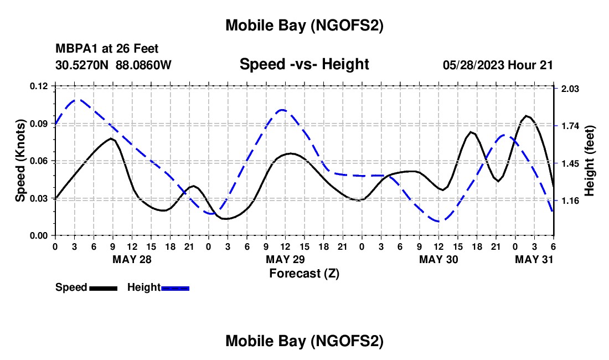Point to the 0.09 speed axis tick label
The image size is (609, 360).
(x=39, y=124)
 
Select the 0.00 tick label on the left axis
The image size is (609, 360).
(x=39, y=236)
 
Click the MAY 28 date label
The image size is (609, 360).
(x=132, y=260)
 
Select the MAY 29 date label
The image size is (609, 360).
(x=285, y=260)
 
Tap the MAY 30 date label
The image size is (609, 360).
(x=438, y=260)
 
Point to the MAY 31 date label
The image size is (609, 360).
(x=534, y=260)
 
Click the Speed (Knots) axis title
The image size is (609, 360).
(x=20, y=161)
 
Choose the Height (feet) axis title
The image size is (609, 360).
(x=590, y=161)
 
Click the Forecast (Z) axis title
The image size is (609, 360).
(x=304, y=273)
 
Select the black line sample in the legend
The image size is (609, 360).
(x=103, y=288)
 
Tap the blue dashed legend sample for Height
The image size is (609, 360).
(x=175, y=288)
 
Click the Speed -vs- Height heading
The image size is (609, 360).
(x=304, y=64)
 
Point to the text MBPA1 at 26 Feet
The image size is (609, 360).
(x=107, y=49)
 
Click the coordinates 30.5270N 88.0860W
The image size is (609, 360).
(x=113, y=65)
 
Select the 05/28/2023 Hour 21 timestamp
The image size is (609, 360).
(x=498, y=65)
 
